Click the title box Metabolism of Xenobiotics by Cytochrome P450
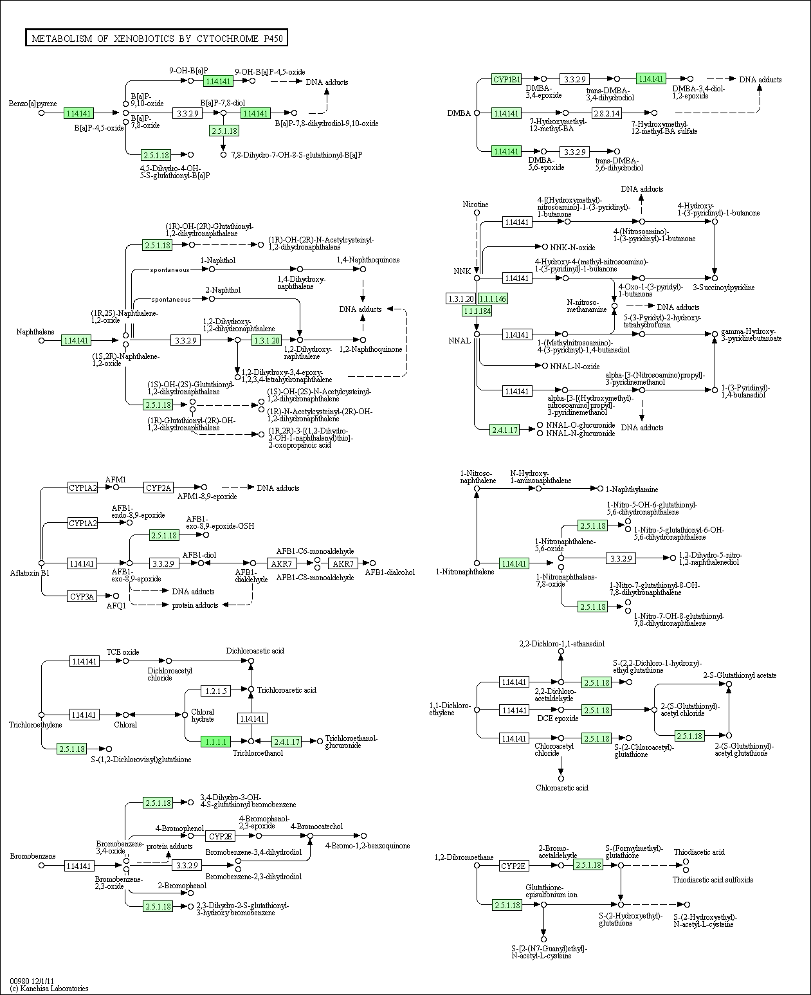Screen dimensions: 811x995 [x=156, y=38]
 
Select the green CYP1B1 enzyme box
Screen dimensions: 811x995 [x=506, y=79]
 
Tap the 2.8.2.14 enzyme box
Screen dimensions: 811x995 [x=606, y=113]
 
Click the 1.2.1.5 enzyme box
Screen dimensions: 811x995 [x=216, y=690]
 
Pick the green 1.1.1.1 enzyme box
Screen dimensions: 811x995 [x=216, y=742]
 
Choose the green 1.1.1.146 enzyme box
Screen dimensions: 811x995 [x=493, y=298]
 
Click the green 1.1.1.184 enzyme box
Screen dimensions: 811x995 [x=477, y=311]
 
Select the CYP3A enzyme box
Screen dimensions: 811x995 [x=82, y=596]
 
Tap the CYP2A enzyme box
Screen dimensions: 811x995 [x=158, y=488]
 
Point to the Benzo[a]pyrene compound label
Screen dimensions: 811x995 [x=33, y=104]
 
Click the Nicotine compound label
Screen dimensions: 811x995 [x=475, y=205]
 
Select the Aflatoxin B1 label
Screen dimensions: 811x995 [x=30, y=572]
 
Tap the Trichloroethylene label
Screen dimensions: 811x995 [x=35, y=724]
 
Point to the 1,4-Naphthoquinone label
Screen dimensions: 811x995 [x=368, y=260]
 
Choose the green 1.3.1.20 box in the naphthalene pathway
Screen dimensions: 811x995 [x=267, y=340]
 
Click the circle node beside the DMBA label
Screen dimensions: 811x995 [x=477, y=113]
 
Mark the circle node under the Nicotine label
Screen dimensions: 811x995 [x=477, y=212]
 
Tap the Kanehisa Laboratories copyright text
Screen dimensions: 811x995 [x=49, y=989]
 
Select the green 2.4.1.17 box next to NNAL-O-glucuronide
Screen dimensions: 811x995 [x=504, y=430]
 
